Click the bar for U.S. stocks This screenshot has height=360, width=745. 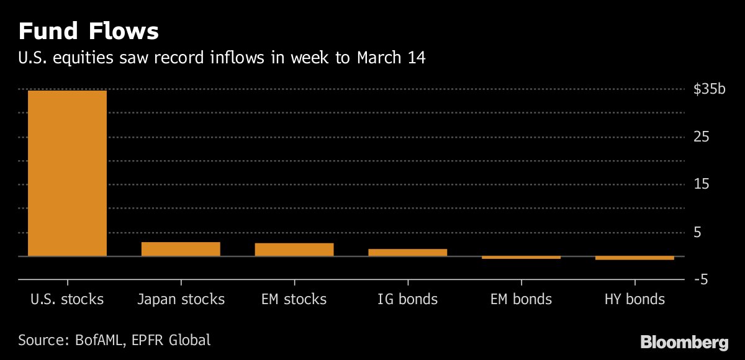click(x=67, y=173)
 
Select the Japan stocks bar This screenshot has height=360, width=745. click(x=181, y=249)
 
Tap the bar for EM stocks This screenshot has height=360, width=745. click(x=294, y=249)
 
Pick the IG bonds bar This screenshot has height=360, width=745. click(x=407, y=252)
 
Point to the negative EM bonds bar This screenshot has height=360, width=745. click(x=521, y=257)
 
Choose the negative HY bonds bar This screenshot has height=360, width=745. click(x=634, y=258)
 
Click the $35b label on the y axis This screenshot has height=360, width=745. click(x=709, y=89)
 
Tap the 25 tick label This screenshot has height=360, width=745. click(x=702, y=137)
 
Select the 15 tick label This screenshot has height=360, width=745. click(x=702, y=185)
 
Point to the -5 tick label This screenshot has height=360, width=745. click(x=701, y=281)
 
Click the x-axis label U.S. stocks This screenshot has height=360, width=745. click(x=67, y=300)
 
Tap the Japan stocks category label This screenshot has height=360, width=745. click(x=181, y=300)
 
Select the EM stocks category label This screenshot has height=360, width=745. click(x=294, y=300)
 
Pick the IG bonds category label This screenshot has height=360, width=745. click(x=407, y=300)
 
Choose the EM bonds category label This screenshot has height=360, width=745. click(x=521, y=300)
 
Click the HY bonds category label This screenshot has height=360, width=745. click(x=634, y=300)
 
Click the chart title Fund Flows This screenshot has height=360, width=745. click(x=89, y=31)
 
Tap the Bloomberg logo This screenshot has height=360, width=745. click(x=684, y=341)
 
